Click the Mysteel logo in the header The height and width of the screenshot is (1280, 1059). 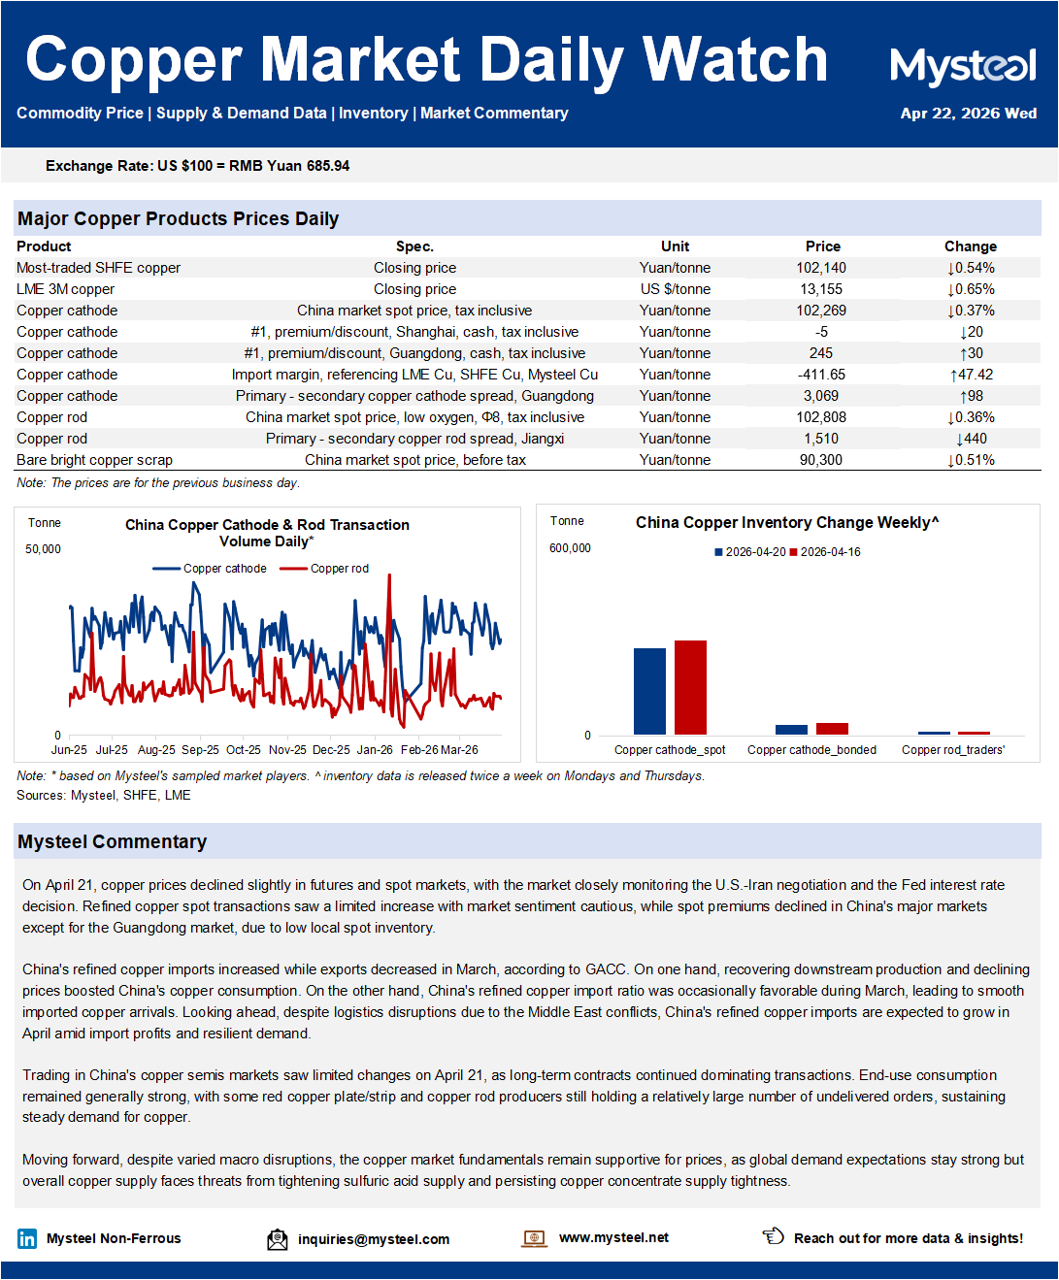963,66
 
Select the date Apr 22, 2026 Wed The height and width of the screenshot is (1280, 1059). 968,114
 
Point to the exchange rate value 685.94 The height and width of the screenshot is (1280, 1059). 327,166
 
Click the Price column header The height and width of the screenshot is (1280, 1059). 822,246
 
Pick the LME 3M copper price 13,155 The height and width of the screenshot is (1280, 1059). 821,289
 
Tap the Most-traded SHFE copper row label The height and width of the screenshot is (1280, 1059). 98,268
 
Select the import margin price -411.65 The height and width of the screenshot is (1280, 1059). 821,375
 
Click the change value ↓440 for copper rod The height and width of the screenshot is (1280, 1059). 971,439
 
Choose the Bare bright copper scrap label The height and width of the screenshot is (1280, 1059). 94,460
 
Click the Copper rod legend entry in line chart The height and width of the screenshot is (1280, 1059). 339,569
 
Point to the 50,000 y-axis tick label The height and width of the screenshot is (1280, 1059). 43,549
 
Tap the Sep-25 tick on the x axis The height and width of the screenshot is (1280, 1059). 200,750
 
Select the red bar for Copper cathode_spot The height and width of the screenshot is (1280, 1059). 690,687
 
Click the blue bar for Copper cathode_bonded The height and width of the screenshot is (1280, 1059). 791,730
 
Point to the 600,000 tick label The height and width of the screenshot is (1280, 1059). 570,548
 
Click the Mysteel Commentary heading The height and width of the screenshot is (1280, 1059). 112,841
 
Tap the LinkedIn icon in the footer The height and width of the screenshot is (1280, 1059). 27,1238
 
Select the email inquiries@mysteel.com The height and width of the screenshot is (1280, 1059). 373,1239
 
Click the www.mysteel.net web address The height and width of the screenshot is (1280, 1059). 613,1237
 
